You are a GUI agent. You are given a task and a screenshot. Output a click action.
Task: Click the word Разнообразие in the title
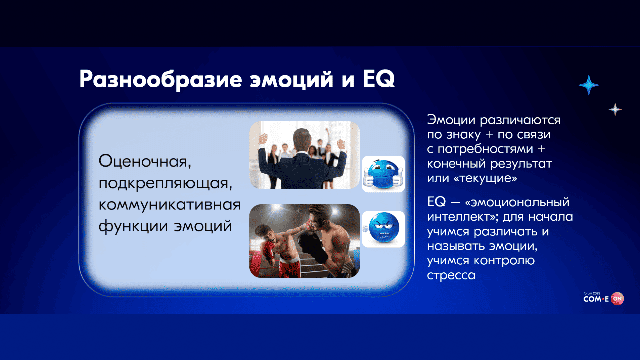click(x=161, y=80)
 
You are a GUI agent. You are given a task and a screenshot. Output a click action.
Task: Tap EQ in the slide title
click(x=379, y=79)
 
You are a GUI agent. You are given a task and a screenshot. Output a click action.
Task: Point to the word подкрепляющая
click(x=165, y=183)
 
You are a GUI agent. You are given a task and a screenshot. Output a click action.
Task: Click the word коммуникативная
click(x=169, y=205)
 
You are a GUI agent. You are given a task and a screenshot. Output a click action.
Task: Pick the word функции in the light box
click(x=133, y=226)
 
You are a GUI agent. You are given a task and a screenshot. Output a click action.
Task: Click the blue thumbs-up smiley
click(x=383, y=174)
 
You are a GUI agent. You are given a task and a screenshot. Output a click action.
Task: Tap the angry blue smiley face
click(x=383, y=229)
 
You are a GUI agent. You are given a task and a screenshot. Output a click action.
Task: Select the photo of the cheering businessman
click(x=304, y=155)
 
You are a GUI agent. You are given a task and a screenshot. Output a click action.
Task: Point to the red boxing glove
click(x=268, y=250)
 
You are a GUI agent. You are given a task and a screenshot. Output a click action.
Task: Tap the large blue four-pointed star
click(x=589, y=85)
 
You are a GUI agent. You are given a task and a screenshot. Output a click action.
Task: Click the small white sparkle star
click(x=615, y=109)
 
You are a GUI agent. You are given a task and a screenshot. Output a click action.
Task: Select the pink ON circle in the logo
click(x=617, y=299)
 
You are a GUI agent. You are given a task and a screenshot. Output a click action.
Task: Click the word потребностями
click(x=485, y=149)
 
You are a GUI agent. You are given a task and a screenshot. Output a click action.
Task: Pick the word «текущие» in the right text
click(x=485, y=178)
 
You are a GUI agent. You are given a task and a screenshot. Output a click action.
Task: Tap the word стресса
click(x=451, y=275)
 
